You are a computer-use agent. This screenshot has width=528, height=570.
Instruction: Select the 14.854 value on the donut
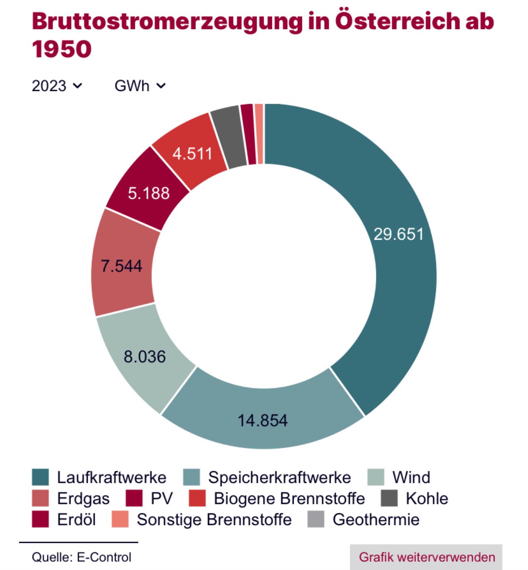pyautogui.click(x=263, y=420)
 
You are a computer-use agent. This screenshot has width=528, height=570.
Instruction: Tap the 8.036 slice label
pyautogui.click(x=145, y=356)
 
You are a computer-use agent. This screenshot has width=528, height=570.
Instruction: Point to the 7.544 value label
pyautogui.click(x=122, y=266)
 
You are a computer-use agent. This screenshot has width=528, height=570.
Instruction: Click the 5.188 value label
pyautogui.click(x=149, y=193)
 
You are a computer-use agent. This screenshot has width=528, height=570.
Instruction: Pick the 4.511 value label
pyautogui.click(x=192, y=154)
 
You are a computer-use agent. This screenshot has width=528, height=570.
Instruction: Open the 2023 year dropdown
pyautogui.click(x=57, y=86)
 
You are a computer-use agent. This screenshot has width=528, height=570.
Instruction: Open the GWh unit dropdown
pyautogui.click(x=140, y=86)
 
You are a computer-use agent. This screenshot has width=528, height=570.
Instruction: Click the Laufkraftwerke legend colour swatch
pyautogui.click(x=40, y=477)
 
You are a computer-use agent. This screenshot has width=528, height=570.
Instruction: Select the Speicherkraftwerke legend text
pyautogui.click(x=280, y=477)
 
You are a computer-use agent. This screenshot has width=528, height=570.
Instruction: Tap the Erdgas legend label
pyautogui.click(x=83, y=499)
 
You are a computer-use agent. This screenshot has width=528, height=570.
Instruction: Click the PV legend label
pyautogui.click(x=162, y=499)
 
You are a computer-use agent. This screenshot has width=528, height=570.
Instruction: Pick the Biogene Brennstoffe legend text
pyautogui.click(x=289, y=499)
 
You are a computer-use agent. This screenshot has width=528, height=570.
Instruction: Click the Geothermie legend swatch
pyautogui.click(x=316, y=519)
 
